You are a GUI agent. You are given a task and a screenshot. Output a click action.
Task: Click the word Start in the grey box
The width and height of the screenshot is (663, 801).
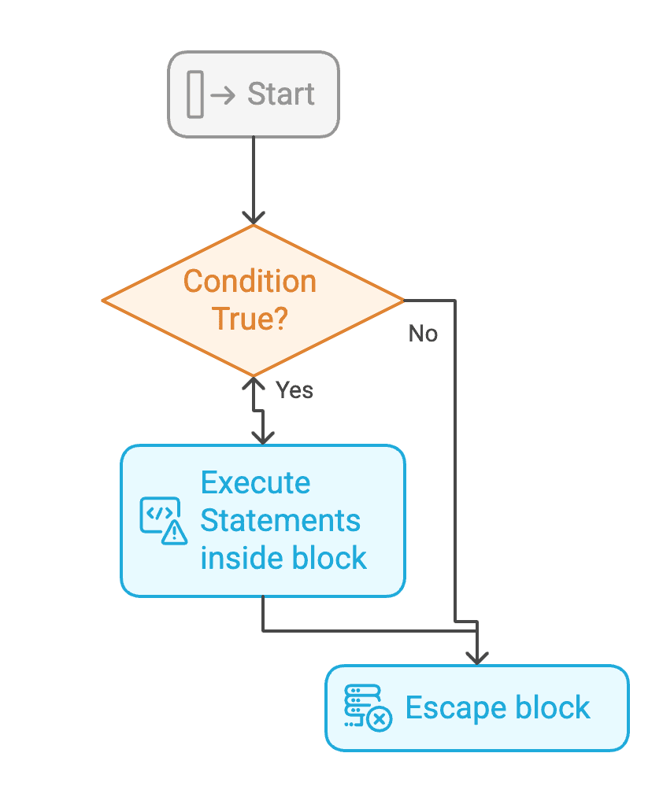pyautogui.click(x=280, y=94)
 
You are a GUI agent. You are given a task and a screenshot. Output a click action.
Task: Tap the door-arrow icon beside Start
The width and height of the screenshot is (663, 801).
pyautogui.click(x=210, y=94)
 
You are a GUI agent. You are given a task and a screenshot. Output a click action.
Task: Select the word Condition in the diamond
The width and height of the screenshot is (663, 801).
pyautogui.click(x=250, y=281)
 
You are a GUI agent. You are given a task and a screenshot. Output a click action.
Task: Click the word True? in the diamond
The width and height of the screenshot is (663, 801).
pyautogui.click(x=250, y=319)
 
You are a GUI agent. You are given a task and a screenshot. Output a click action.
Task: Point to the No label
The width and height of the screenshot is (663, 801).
pyautogui.click(x=423, y=334)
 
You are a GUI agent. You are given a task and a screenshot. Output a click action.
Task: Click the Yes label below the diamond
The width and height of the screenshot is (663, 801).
pyautogui.click(x=294, y=389)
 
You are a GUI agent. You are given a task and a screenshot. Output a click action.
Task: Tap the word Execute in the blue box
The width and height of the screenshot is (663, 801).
pyautogui.click(x=255, y=482)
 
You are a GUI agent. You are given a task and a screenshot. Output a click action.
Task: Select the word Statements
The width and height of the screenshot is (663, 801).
pyautogui.click(x=280, y=520)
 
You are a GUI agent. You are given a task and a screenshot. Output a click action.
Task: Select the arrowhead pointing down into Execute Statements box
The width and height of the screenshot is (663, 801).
pyautogui.click(x=262, y=437)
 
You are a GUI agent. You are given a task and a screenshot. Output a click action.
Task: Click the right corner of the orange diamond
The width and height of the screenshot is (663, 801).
pyautogui.click(x=402, y=301)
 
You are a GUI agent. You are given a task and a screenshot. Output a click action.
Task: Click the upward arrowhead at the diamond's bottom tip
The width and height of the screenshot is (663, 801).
pyautogui.click(x=254, y=384)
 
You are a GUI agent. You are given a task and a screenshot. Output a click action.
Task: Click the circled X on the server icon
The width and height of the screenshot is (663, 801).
pyautogui.click(x=380, y=718)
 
